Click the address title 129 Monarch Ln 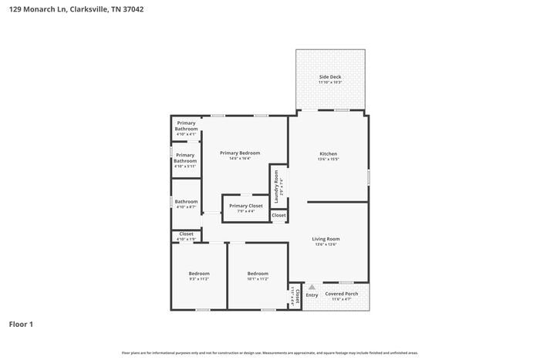[76, 9]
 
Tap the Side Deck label [330, 78]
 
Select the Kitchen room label [329, 153]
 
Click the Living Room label [326, 239]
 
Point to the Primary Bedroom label [239, 153]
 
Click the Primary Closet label [246, 206]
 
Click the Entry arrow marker [312, 287]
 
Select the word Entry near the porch [312, 295]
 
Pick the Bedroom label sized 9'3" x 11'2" [199, 274]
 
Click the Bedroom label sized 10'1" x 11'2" [258, 274]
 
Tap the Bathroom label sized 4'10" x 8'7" [186, 200]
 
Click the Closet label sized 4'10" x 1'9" [186, 234]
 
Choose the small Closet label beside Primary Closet [278, 215]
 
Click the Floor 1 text [21, 325]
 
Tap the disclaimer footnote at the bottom [269, 352]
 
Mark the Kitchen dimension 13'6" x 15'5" [329, 160]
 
